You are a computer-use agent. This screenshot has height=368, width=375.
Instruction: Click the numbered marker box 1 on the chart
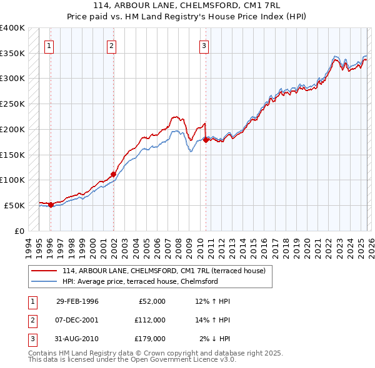(49, 44)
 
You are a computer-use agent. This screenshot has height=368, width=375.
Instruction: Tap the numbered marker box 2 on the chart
(111, 44)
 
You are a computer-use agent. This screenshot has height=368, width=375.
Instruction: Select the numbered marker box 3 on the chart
(204, 44)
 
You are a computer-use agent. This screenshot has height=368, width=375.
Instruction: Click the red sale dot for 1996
(51, 205)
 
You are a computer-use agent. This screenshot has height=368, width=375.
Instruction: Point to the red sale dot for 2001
(113, 174)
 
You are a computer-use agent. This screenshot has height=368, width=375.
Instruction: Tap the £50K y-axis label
(15, 205)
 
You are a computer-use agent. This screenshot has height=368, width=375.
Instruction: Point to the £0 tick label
(20, 231)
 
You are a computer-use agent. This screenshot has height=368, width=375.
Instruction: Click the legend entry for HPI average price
(139, 281)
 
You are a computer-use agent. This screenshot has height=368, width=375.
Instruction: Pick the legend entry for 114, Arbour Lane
(164, 271)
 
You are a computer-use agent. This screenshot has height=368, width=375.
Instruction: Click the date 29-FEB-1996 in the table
(77, 301)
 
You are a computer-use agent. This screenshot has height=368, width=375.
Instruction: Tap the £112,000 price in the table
(149, 319)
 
